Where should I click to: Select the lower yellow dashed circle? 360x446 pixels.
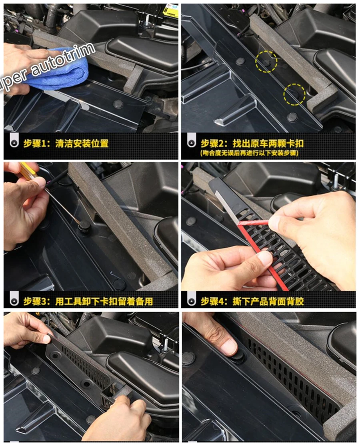pos(294,94)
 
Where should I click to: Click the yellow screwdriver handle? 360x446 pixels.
pos(27,171)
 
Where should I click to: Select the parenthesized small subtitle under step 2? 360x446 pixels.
pos(250,153)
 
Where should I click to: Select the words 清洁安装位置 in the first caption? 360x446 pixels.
pos(82,143)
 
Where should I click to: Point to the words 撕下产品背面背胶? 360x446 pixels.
pos(268,301)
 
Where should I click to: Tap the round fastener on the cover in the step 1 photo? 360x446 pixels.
pos(118,104)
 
